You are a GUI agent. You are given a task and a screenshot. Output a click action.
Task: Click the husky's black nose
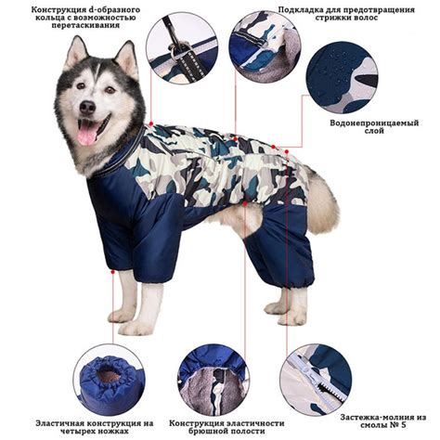pyautogui.click(x=87, y=107)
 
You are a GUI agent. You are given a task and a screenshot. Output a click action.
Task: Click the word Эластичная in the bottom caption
pyautogui.click(x=58, y=423)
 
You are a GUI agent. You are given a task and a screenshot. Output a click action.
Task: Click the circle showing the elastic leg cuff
pyautogui.click(x=108, y=380)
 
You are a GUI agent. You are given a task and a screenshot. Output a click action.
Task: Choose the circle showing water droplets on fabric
pyautogui.click(x=342, y=78)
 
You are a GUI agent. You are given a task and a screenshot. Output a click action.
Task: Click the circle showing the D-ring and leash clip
pyautogui.click(x=182, y=48)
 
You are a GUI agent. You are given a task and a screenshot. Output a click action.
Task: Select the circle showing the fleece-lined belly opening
pyautogui.click(x=214, y=380)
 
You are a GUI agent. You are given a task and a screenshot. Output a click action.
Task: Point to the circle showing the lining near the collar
pyautogui.click(x=265, y=48)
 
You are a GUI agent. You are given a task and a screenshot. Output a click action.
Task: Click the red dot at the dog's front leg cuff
pyautogui.click(x=113, y=272)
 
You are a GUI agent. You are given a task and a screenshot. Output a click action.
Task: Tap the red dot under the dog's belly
pyautogui.click(x=245, y=203)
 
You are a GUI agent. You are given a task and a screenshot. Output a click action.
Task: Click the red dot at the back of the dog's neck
pyautogui.click(x=151, y=123)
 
